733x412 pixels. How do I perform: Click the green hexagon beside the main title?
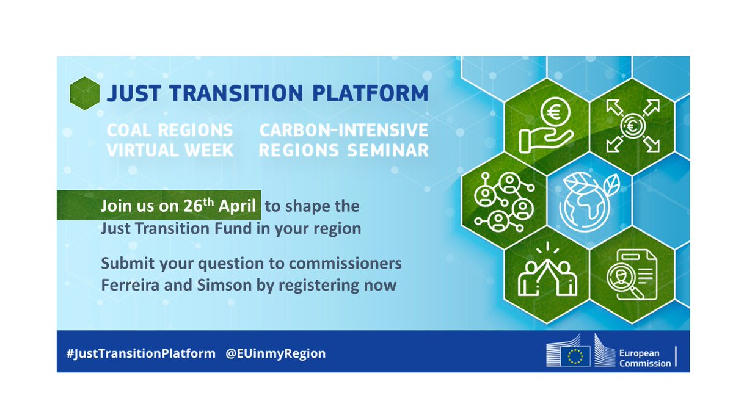click(85, 94)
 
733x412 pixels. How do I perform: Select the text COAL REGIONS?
click(169, 130)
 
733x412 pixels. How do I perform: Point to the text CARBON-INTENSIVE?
click(343, 130)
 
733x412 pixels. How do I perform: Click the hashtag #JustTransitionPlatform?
click(140, 353)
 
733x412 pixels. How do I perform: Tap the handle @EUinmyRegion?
click(275, 353)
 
